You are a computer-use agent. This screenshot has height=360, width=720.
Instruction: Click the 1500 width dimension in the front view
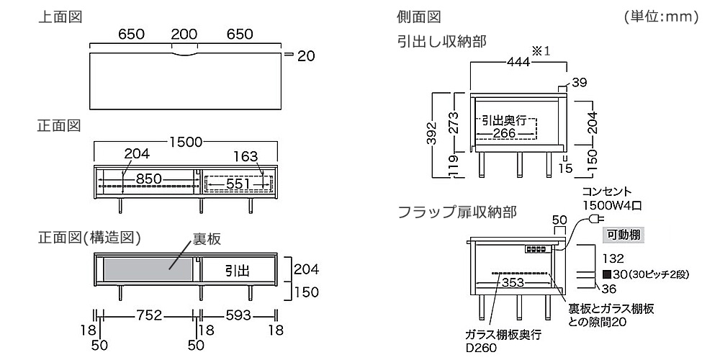(x=186, y=142)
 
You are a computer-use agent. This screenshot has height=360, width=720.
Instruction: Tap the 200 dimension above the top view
(x=185, y=35)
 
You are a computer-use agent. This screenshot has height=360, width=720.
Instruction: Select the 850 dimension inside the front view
(x=148, y=179)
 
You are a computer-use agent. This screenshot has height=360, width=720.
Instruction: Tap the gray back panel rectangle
(x=148, y=270)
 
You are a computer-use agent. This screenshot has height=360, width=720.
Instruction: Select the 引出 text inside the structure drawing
(x=237, y=271)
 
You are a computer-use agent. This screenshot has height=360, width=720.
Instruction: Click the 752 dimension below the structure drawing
(x=148, y=315)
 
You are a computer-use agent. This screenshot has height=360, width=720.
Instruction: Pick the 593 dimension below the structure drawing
(x=237, y=315)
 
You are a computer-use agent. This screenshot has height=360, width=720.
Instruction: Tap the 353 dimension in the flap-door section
(x=512, y=282)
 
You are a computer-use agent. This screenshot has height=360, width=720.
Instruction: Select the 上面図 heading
(x=59, y=16)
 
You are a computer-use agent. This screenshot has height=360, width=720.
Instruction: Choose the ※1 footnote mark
(x=541, y=51)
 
